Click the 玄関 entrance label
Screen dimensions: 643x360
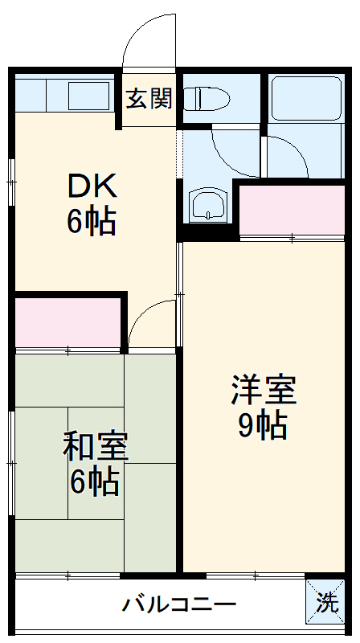(x=149, y=99)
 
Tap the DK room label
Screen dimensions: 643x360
(x=92, y=186)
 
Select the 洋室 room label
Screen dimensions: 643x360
(x=264, y=391)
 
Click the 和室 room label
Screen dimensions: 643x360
(x=96, y=447)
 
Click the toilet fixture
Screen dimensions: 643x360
(x=207, y=99)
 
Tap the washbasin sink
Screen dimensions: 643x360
(x=208, y=206)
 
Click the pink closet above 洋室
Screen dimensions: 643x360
(x=292, y=210)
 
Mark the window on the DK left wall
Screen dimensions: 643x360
(x=12, y=182)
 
